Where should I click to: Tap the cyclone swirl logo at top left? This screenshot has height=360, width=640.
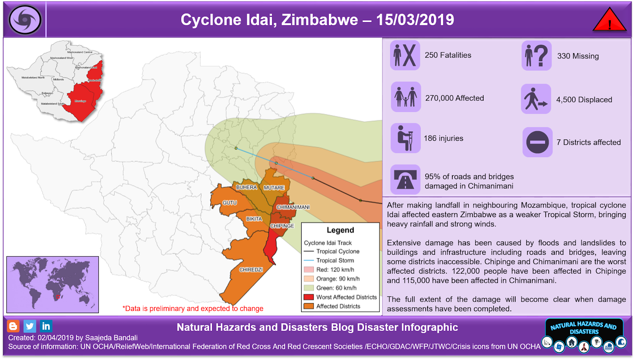click(x=25, y=20)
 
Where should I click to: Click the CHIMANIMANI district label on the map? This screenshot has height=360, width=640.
click(x=293, y=207)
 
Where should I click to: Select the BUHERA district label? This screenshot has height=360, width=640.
click(x=246, y=187)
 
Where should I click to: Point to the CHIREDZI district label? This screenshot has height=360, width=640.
click(x=251, y=270)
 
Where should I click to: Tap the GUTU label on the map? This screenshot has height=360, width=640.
click(x=230, y=203)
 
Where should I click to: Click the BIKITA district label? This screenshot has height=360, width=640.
click(x=254, y=219)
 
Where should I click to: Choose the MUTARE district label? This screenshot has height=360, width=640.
click(x=274, y=188)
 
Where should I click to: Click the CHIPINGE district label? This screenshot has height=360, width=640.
click(x=282, y=226)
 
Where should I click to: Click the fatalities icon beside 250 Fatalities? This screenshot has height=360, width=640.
click(x=405, y=55)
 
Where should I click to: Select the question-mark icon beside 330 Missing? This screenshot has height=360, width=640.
click(x=536, y=56)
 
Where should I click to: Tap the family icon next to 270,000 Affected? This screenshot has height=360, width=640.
click(x=406, y=97)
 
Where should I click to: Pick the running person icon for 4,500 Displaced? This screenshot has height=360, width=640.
click(x=536, y=99)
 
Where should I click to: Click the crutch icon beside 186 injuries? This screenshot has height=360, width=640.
click(x=405, y=138)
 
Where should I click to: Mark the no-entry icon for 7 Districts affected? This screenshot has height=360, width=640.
click(x=537, y=142)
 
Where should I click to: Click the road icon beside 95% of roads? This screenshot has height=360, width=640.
click(x=405, y=180)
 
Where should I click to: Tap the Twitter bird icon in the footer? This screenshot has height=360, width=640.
click(x=30, y=326)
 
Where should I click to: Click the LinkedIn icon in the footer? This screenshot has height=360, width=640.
click(x=46, y=326)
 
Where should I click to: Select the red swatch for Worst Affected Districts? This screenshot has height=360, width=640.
click(x=308, y=297)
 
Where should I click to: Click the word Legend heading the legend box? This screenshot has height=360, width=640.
click(x=340, y=230)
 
